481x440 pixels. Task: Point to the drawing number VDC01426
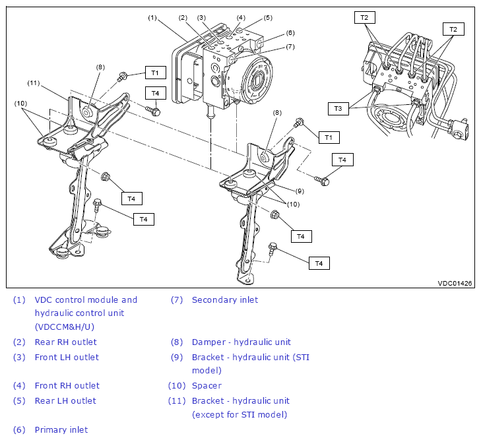point(455,283)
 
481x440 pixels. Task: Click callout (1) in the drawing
point(152,18)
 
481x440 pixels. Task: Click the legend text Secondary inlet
point(225,299)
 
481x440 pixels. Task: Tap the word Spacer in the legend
point(207,385)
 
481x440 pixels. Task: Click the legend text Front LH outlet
point(67,357)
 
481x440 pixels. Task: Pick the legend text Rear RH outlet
point(65,342)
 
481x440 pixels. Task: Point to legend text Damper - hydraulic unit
point(241,342)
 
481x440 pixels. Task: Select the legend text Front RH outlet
point(67,385)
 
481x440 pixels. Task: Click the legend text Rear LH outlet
point(65,400)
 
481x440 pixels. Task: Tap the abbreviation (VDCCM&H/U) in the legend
point(65,326)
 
